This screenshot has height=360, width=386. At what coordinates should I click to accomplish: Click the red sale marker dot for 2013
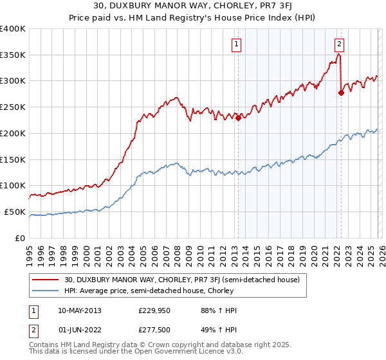[238, 118]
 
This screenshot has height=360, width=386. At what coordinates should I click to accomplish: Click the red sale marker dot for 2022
[341, 93]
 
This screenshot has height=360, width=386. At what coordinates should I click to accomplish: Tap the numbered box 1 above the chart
[237, 44]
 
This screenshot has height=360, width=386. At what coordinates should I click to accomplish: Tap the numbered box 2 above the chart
[339, 44]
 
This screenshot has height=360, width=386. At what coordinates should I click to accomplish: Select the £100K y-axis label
[13, 185]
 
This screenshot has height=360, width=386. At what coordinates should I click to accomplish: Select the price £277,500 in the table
[153, 331]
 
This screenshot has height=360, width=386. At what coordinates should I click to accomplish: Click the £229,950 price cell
[153, 310]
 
